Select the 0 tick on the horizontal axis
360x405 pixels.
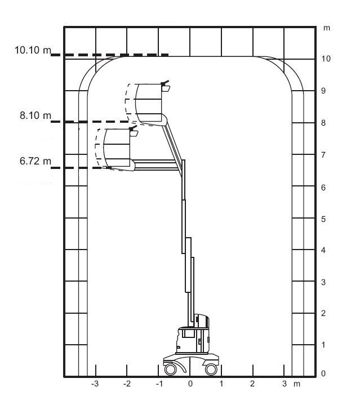point(190,384)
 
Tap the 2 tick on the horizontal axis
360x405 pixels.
point(252,384)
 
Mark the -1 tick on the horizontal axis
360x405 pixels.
point(159,384)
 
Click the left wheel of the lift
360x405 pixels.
point(170,370)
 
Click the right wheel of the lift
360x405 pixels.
point(211,370)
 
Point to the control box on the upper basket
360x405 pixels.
point(165,86)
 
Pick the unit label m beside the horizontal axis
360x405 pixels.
point(297,384)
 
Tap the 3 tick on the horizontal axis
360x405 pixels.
point(285,384)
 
